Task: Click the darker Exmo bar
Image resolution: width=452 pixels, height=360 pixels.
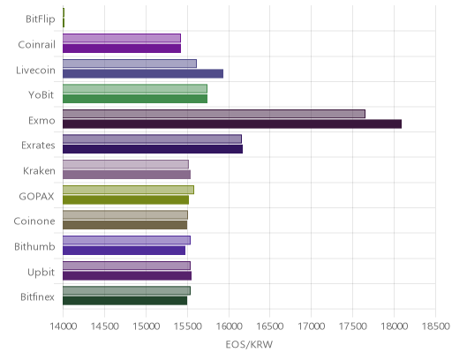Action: pos(232,124)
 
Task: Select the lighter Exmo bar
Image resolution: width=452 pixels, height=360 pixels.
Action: pos(214,114)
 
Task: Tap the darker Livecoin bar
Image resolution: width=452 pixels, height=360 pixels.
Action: pos(143,73)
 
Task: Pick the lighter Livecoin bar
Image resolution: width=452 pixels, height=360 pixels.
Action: pos(130,64)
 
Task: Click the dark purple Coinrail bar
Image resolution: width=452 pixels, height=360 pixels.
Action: pos(122,49)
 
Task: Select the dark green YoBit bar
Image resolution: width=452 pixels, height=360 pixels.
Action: pos(135,99)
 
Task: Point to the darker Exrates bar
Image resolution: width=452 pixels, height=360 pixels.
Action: pos(153,149)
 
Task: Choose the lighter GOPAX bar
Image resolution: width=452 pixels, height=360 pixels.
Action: pos(128,190)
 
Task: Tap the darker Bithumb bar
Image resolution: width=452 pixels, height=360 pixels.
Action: pos(124,251)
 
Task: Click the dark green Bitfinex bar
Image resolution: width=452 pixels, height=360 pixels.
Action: pos(125,301)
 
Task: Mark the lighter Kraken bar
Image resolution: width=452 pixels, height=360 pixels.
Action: pos(125,164)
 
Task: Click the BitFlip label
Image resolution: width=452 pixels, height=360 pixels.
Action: pos(41,19)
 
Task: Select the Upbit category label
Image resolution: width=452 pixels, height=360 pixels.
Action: pos(41,273)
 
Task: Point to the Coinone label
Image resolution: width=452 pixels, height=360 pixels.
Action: pos(34,221)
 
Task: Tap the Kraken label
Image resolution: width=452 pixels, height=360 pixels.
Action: pos(39,171)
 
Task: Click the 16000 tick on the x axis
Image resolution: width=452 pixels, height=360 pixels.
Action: pos(229,326)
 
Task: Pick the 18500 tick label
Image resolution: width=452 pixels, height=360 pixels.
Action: pos(436,326)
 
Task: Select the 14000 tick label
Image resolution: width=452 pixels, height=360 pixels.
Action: pos(64,326)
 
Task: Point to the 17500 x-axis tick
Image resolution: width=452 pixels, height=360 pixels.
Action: pos(352,326)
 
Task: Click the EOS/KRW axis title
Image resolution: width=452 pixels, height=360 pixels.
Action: pos(249,344)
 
